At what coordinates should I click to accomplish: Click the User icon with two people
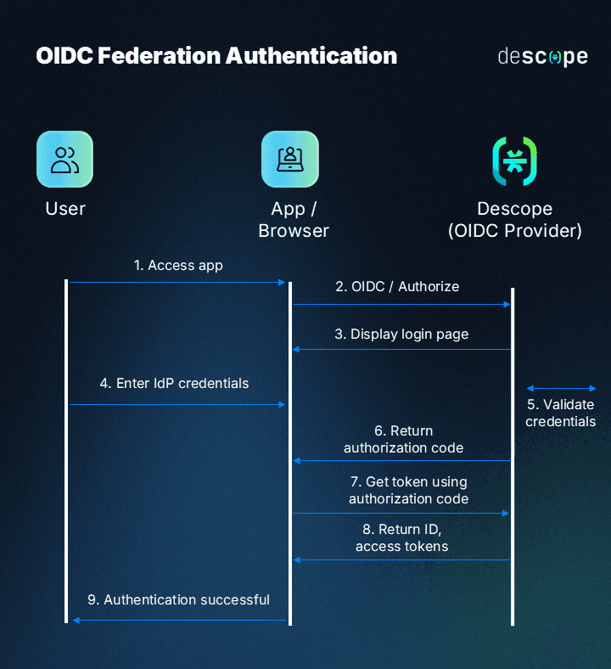[x=64, y=159]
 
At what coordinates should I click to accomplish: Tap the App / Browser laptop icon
[x=289, y=159]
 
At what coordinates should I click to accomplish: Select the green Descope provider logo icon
[x=514, y=160]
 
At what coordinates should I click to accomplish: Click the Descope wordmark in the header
[x=542, y=57]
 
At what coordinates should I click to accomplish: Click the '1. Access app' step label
[x=178, y=266]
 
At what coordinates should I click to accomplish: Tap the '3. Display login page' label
[x=401, y=334]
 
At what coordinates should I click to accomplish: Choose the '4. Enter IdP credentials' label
[x=174, y=384]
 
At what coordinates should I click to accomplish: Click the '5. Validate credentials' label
[x=560, y=413]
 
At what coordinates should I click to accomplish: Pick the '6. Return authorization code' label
[x=403, y=439]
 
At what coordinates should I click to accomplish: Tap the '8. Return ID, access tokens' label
[x=402, y=537]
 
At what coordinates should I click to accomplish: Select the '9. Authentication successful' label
[x=178, y=600]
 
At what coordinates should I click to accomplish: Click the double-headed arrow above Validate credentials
[x=561, y=389]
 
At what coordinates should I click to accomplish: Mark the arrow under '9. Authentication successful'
[x=178, y=621]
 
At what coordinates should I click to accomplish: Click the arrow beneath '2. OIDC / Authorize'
[x=401, y=304]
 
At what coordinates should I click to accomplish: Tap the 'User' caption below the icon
[x=65, y=209]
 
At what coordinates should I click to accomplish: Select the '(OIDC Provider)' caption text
[x=515, y=230]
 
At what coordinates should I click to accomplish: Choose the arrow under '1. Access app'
[x=177, y=282]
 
